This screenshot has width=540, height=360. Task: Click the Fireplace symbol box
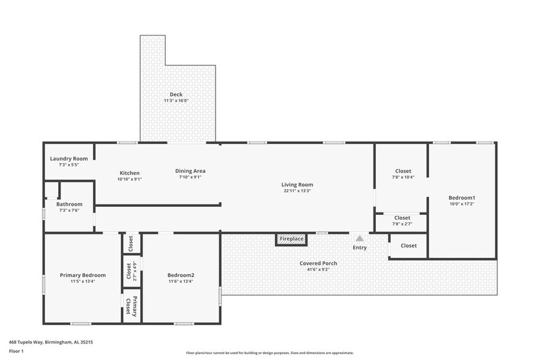[x=291, y=239]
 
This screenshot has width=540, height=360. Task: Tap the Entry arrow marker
[x=359, y=238]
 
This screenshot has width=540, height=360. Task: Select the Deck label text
[x=176, y=94]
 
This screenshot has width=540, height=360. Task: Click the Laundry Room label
[x=69, y=159]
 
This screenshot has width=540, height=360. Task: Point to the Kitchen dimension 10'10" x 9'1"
[x=129, y=179]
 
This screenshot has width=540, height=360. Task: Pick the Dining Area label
[x=190, y=171]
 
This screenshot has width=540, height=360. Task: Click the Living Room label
[x=297, y=184]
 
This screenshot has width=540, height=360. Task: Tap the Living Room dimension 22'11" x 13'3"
[x=297, y=191]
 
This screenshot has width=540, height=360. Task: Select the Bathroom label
[x=69, y=204]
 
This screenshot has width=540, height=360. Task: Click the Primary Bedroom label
[x=83, y=275]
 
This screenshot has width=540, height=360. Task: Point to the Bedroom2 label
[x=181, y=275]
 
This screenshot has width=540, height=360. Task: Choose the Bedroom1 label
[x=462, y=197]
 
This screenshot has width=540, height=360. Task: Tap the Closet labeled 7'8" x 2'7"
[x=402, y=220]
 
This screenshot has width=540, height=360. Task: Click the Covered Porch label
[x=318, y=263]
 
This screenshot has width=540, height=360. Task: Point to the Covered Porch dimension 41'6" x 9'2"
[x=318, y=269]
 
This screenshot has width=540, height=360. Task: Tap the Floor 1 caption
[x=16, y=351]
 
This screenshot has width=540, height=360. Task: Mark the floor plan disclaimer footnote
[x=270, y=353]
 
